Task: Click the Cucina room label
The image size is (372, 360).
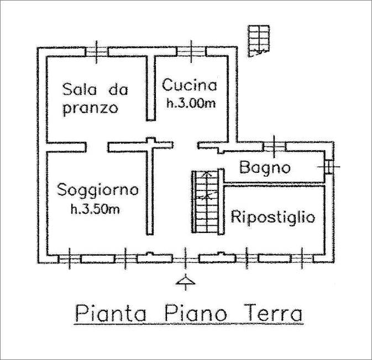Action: click(190, 85)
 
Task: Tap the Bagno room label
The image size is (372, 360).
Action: click(265, 167)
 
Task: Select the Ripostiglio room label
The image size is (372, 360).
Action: click(273, 217)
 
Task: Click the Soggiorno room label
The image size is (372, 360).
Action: click(98, 190)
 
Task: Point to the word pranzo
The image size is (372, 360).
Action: click(91, 109)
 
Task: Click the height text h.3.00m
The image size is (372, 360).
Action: click(191, 103)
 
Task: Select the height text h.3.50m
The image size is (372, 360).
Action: click(96, 209)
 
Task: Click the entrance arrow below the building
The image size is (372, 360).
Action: click(185, 282)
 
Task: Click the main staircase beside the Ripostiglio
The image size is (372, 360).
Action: click(206, 202)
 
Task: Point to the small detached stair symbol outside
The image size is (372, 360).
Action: click(259, 41)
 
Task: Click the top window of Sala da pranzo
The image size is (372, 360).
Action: click(96, 52)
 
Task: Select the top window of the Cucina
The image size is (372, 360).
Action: click(191, 52)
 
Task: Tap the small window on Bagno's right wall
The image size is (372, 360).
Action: click(328, 167)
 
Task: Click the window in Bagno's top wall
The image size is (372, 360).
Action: click(275, 146)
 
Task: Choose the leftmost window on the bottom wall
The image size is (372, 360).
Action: click(70, 259)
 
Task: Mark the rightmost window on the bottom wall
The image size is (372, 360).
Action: click(302, 258)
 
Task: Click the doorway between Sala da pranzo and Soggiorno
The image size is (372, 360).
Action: click(97, 147)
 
